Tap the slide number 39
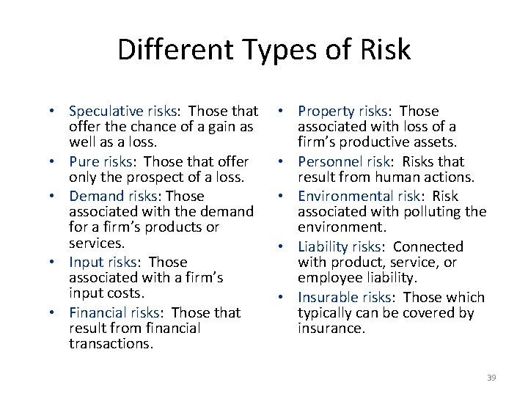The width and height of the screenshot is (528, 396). [x=491, y=378]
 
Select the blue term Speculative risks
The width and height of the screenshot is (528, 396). [x=122, y=111]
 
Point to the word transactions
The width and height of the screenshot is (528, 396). [x=111, y=344]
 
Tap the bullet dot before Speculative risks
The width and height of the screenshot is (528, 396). [x=55, y=112]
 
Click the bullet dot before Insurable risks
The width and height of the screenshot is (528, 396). [x=284, y=298]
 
